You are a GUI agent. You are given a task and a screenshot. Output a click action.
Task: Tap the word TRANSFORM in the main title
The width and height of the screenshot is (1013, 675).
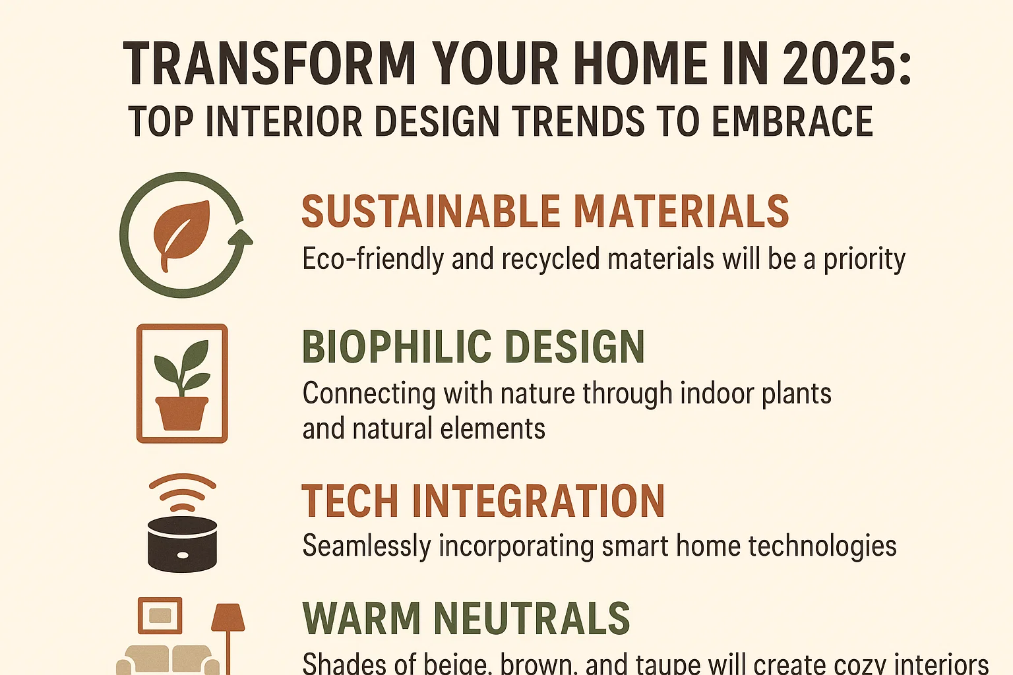pos(269,63)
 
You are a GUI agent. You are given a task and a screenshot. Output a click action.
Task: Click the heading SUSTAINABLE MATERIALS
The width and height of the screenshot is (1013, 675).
pos(545,212)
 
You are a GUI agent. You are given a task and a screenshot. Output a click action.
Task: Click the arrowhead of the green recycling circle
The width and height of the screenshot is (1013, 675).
pos(243,238)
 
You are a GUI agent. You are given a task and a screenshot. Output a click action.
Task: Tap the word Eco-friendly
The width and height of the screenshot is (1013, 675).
pos(372,259)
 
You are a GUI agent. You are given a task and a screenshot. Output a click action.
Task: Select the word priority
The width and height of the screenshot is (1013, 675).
pos(864,260)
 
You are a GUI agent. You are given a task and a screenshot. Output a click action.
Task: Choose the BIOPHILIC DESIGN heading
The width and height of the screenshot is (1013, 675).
pos(473,347)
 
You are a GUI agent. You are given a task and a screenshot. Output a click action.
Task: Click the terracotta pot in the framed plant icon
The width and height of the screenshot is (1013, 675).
pos(181,412)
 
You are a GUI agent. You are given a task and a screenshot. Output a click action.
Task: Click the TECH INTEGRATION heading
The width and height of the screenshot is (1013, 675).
pos(483,502)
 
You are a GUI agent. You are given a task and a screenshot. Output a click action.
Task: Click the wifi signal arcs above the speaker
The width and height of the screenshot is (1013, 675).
pos(183,492)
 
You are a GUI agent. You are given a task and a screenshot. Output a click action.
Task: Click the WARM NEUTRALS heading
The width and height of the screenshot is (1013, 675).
pos(466,618)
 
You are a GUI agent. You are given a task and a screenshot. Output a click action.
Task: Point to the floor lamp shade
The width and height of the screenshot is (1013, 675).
pos(228,617)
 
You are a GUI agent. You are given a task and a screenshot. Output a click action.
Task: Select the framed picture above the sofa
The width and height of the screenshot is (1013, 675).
pos(160,616)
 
